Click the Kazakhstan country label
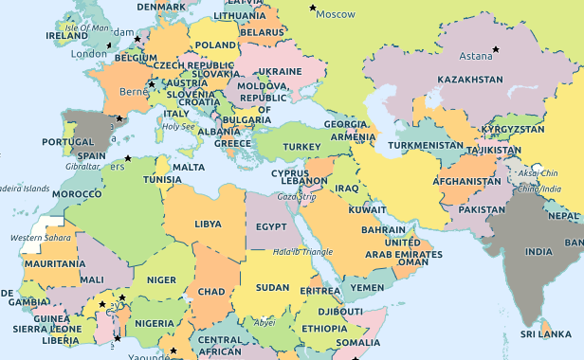pyautogui.click(x=470, y=80)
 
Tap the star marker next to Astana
pyautogui.click(x=494, y=49)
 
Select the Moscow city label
pyautogui.click(x=335, y=14)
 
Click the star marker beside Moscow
pyautogui.click(x=314, y=8)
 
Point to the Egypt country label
pyautogui.click(x=271, y=227)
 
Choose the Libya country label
pyautogui.click(x=208, y=225)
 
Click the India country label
pyautogui.click(x=538, y=252)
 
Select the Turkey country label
pyautogui.click(x=302, y=147)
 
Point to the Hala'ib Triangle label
pyautogui.click(x=302, y=251)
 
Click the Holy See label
pyautogui.click(x=178, y=126)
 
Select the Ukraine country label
pyautogui.click(x=280, y=71)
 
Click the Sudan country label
pyautogui.click(x=272, y=287)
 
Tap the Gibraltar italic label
pyautogui.click(x=82, y=166)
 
